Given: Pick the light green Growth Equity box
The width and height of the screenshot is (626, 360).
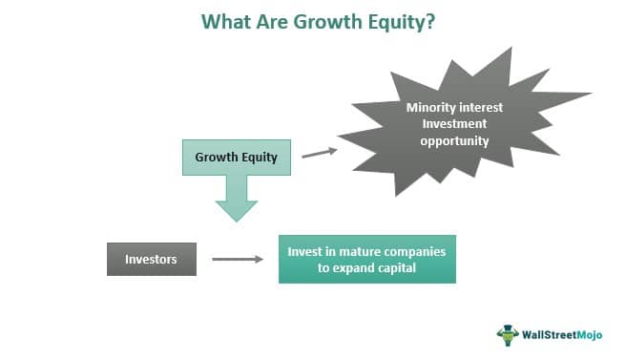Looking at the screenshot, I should coord(236,157).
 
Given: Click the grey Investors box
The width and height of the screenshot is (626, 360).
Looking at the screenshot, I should coord(151,259).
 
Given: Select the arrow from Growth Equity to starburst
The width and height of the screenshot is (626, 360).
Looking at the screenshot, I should coord(319,151).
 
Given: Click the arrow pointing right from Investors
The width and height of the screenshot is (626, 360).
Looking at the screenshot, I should coord(238,258).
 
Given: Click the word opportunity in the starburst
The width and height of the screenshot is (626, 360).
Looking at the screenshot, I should coord(454,140).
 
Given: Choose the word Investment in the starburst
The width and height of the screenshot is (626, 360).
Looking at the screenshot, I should coord(454,123).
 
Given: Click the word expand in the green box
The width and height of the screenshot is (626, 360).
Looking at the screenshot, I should coord(357,267).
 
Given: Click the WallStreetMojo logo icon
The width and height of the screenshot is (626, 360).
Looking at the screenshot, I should coord(507,334).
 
